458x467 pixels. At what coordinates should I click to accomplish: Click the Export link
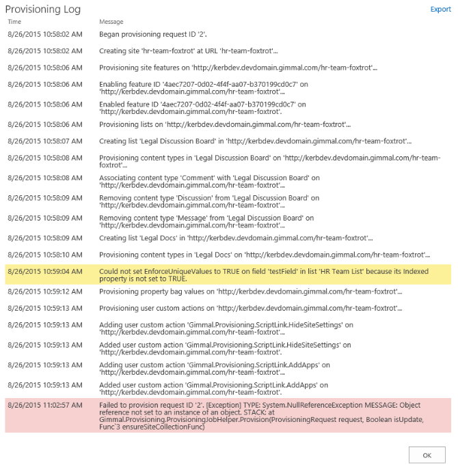[440, 9]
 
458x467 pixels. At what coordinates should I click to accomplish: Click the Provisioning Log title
[43, 10]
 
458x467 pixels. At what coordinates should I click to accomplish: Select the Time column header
[14, 22]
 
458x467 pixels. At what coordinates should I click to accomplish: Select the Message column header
[111, 22]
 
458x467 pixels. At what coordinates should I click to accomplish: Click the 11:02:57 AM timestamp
[44, 405]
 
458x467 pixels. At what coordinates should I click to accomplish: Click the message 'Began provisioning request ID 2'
[153, 33]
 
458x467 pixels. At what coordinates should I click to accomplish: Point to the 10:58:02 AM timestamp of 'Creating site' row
[44, 51]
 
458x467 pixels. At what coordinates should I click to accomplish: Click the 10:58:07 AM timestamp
[44, 141]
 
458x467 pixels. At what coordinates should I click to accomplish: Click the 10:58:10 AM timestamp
[44, 255]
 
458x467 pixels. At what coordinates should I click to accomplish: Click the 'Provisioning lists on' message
[225, 124]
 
